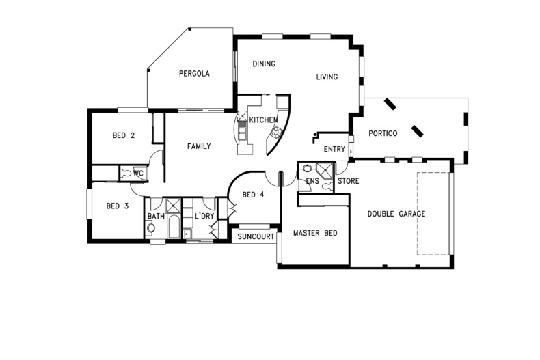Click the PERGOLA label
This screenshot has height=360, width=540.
coord(194,73)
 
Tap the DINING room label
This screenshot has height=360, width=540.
coord(264,64)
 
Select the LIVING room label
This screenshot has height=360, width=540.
coord(327,77)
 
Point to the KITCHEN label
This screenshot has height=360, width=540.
coord(263,120)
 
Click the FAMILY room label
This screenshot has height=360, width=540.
coord(199,146)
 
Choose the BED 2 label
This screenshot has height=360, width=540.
coord(123,136)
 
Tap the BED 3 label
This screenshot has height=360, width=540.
coord(118,206)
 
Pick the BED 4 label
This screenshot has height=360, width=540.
coord(253,195)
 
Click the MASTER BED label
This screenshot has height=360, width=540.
coord(315,233)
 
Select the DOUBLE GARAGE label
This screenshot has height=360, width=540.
coord(396,214)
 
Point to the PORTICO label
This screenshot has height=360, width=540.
coord(383,133)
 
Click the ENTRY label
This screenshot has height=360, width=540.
coord(334,149)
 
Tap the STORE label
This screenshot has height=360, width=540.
coord(348,181)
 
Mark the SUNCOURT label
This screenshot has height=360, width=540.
coord(256,237)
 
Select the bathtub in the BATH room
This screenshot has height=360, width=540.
coord(174,226)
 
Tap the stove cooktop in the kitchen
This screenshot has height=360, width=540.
coord(276,132)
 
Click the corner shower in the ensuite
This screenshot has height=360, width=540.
coord(325,171)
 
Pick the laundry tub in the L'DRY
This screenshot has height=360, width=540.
coord(188,234)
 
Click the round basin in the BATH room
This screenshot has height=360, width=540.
coord(150,228)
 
